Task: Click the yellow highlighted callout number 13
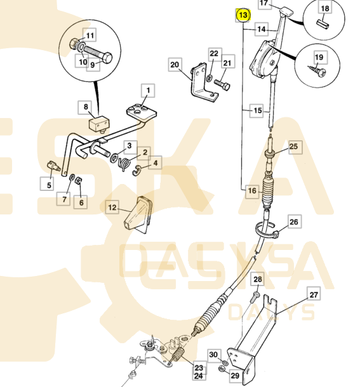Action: pyautogui.click(x=243, y=15)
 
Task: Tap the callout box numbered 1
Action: pyautogui.click(x=148, y=90)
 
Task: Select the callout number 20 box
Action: pyautogui.click(x=175, y=65)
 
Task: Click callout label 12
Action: pyautogui.click(x=112, y=207)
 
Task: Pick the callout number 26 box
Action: pyautogui.click(x=293, y=221)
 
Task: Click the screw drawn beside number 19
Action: pyautogui.click(x=317, y=70)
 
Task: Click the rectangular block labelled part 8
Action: pyautogui.click(x=99, y=124)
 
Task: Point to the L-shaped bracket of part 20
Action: pyautogui.click(x=202, y=82)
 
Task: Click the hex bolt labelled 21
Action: pyautogui.click(x=222, y=84)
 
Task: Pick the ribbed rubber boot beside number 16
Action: pyautogui.click(x=268, y=191)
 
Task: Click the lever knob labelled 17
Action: pyautogui.click(x=286, y=11)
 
